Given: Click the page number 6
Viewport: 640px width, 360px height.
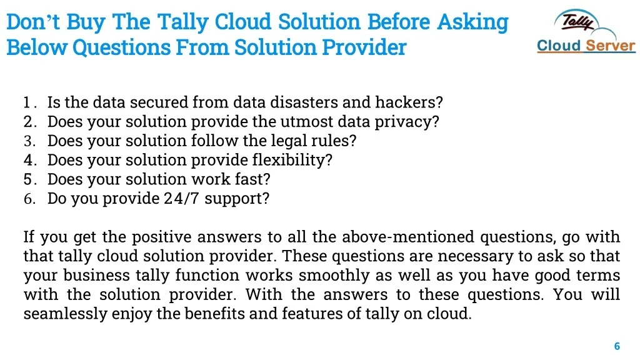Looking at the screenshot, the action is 617,346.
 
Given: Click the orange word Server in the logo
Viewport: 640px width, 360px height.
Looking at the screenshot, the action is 611,46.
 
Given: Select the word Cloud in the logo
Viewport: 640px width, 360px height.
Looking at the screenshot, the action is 559,46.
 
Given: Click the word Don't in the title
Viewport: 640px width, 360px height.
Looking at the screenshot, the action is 33,22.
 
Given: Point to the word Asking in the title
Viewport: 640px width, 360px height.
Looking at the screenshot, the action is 472,22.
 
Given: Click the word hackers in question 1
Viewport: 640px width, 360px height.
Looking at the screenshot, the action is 409,102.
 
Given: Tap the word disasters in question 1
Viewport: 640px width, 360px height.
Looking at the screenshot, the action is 304,102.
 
